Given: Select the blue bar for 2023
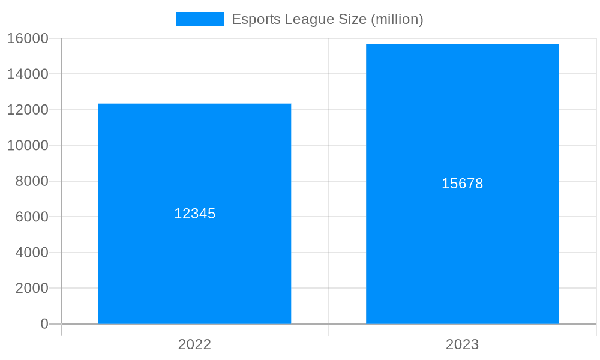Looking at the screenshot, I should [462, 252].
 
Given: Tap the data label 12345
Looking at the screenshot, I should [194, 214].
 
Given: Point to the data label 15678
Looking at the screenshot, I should [462, 184].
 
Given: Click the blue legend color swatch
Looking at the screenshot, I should [200, 19].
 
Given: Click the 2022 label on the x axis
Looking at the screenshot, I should [194, 344].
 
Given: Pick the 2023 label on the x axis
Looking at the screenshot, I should [462, 344].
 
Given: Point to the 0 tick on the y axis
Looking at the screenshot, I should [44, 324].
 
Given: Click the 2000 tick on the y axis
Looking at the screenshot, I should [31, 288].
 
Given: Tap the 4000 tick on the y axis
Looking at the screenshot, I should [31, 253].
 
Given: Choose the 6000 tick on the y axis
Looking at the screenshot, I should [31, 217].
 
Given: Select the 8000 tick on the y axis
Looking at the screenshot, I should [31, 181].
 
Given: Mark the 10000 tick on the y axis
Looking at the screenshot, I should [28, 145].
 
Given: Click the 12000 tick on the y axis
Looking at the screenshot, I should [28, 110].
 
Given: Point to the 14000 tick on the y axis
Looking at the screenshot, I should [28, 74].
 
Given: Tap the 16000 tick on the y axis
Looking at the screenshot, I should [28, 38].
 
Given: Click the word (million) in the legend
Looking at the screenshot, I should [397, 19].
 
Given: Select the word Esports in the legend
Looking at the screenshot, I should [254, 19].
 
